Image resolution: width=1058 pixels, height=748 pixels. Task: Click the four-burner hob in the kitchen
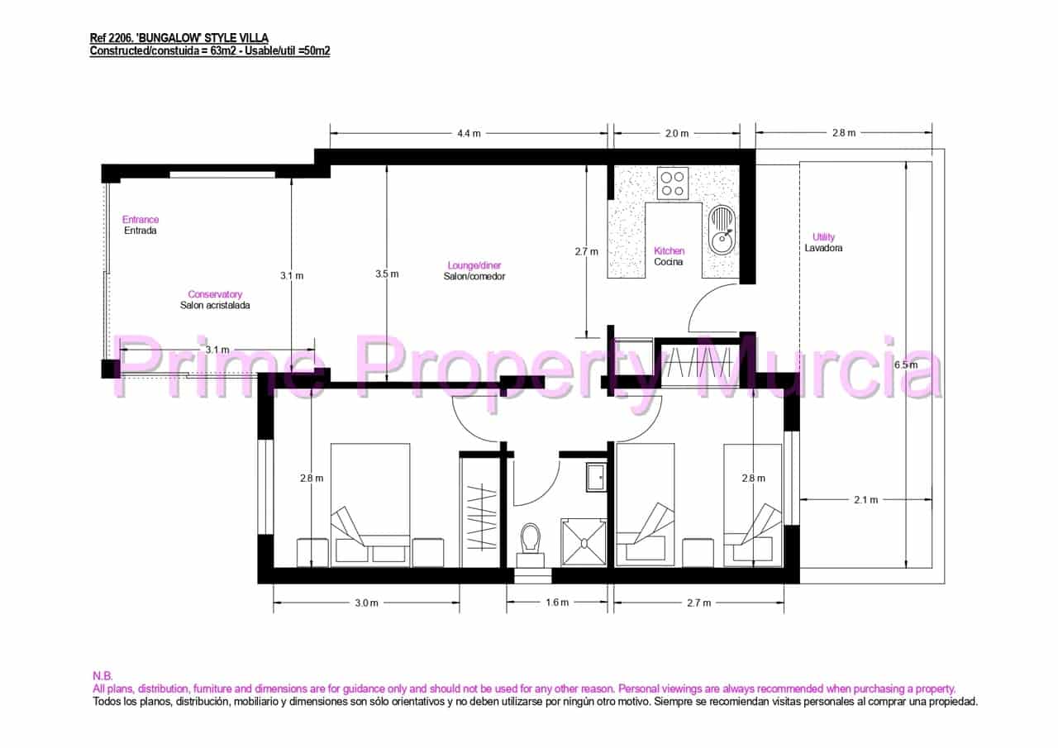click(672, 183)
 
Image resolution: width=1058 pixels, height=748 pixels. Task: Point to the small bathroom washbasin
click(597, 477)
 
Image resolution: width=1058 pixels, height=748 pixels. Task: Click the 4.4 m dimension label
click(469, 133)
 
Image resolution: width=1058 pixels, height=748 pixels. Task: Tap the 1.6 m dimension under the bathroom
click(557, 603)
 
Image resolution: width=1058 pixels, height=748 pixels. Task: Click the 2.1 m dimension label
click(866, 499)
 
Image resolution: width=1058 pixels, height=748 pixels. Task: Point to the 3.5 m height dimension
click(386, 274)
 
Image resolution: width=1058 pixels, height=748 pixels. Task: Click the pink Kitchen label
click(670, 251)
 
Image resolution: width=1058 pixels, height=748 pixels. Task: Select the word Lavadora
click(823, 248)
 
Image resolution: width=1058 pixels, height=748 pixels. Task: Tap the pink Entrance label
click(141, 220)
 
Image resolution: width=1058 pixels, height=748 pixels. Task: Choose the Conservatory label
click(215, 294)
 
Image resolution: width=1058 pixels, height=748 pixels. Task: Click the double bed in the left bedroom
click(370, 504)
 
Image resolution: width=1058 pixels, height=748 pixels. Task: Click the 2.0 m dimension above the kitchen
click(676, 133)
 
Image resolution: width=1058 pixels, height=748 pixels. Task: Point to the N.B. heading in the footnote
click(103, 675)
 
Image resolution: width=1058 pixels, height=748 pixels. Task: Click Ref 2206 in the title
click(114, 38)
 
